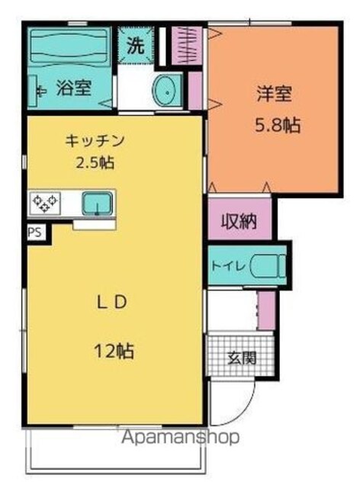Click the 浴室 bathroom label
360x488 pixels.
74,88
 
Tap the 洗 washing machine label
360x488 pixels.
136,47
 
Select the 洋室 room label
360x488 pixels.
275,94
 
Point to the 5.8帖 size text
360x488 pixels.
278,125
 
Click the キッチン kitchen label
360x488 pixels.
95,141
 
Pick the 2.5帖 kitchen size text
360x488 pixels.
95,162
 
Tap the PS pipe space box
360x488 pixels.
35,232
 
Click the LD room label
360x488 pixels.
112,302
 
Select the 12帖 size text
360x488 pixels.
114,351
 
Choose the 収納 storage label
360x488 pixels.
239,222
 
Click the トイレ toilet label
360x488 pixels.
230,266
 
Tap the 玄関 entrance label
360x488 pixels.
243,358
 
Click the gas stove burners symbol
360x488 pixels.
45,204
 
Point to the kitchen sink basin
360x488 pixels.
97,204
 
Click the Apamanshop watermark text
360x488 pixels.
181,437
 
